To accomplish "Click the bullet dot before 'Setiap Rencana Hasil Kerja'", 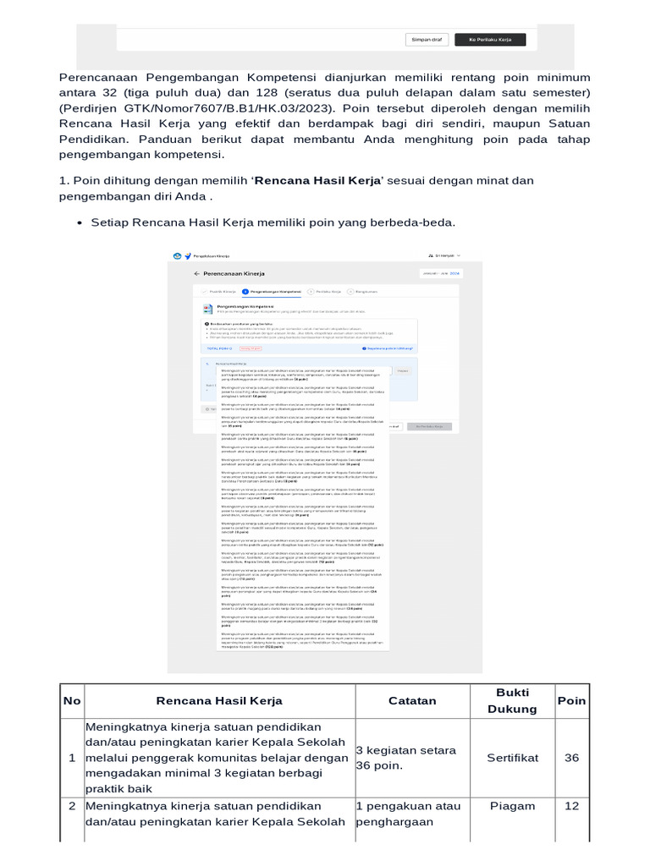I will pyautogui.click(x=79, y=222).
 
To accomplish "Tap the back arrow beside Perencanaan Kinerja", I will pyautogui.click(x=196, y=274).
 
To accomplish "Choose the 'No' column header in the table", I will pyautogui.click(x=72, y=700).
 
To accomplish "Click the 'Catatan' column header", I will pyautogui.click(x=412, y=700).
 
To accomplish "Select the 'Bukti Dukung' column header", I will pyautogui.click(x=512, y=700).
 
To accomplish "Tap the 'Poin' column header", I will pyautogui.click(x=571, y=700).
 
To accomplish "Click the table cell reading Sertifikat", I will pyautogui.click(x=512, y=758).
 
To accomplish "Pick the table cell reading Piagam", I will pyautogui.click(x=512, y=806).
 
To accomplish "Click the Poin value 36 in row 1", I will pyautogui.click(x=571, y=758).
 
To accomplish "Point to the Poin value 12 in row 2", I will pyautogui.click(x=571, y=806).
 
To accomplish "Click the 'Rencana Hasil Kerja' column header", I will pyautogui.click(x=219, y=700).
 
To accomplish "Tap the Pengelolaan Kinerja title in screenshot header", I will pyautogui.click(x=212, y=255).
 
